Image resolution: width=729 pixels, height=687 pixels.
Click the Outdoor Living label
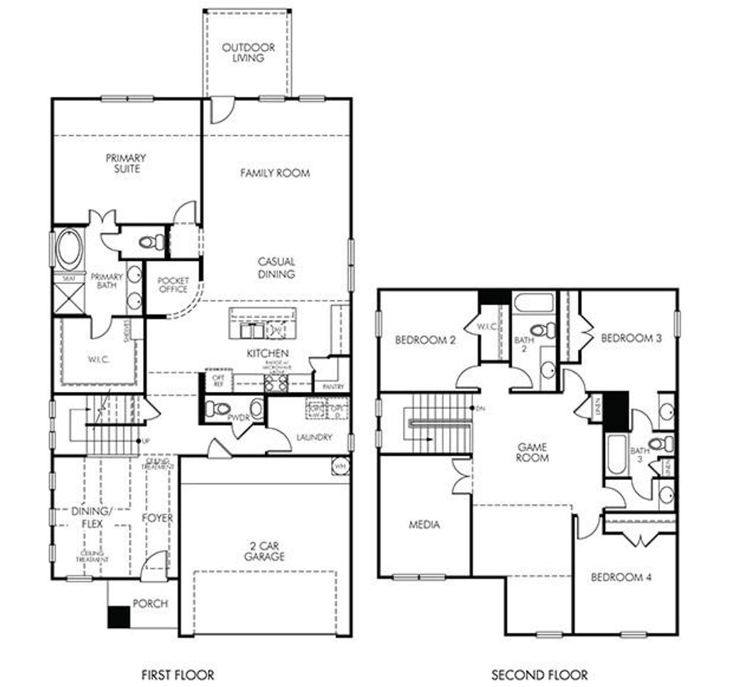tap(248, 53)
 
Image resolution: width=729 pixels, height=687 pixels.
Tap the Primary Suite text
tap(126, 164)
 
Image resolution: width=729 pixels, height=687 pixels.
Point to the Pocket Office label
tap(173, 284)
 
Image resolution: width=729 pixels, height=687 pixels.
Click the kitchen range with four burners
tap(276, 383)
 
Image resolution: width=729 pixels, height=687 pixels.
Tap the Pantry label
tap(332, 386)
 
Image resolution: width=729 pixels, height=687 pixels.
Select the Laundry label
tap(313, 437)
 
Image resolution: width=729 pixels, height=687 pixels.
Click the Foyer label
tap(157, 518)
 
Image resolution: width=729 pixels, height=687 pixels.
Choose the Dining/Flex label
tap(92, 517)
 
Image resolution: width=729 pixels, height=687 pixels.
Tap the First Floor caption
tap(178, 674)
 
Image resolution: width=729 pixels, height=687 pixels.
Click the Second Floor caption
tap(540, 674)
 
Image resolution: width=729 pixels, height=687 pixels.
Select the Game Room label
tap(533, 452)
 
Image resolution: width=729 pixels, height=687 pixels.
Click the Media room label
tap(424, 525)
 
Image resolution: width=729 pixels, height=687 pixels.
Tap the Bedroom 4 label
tap(621, 577)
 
